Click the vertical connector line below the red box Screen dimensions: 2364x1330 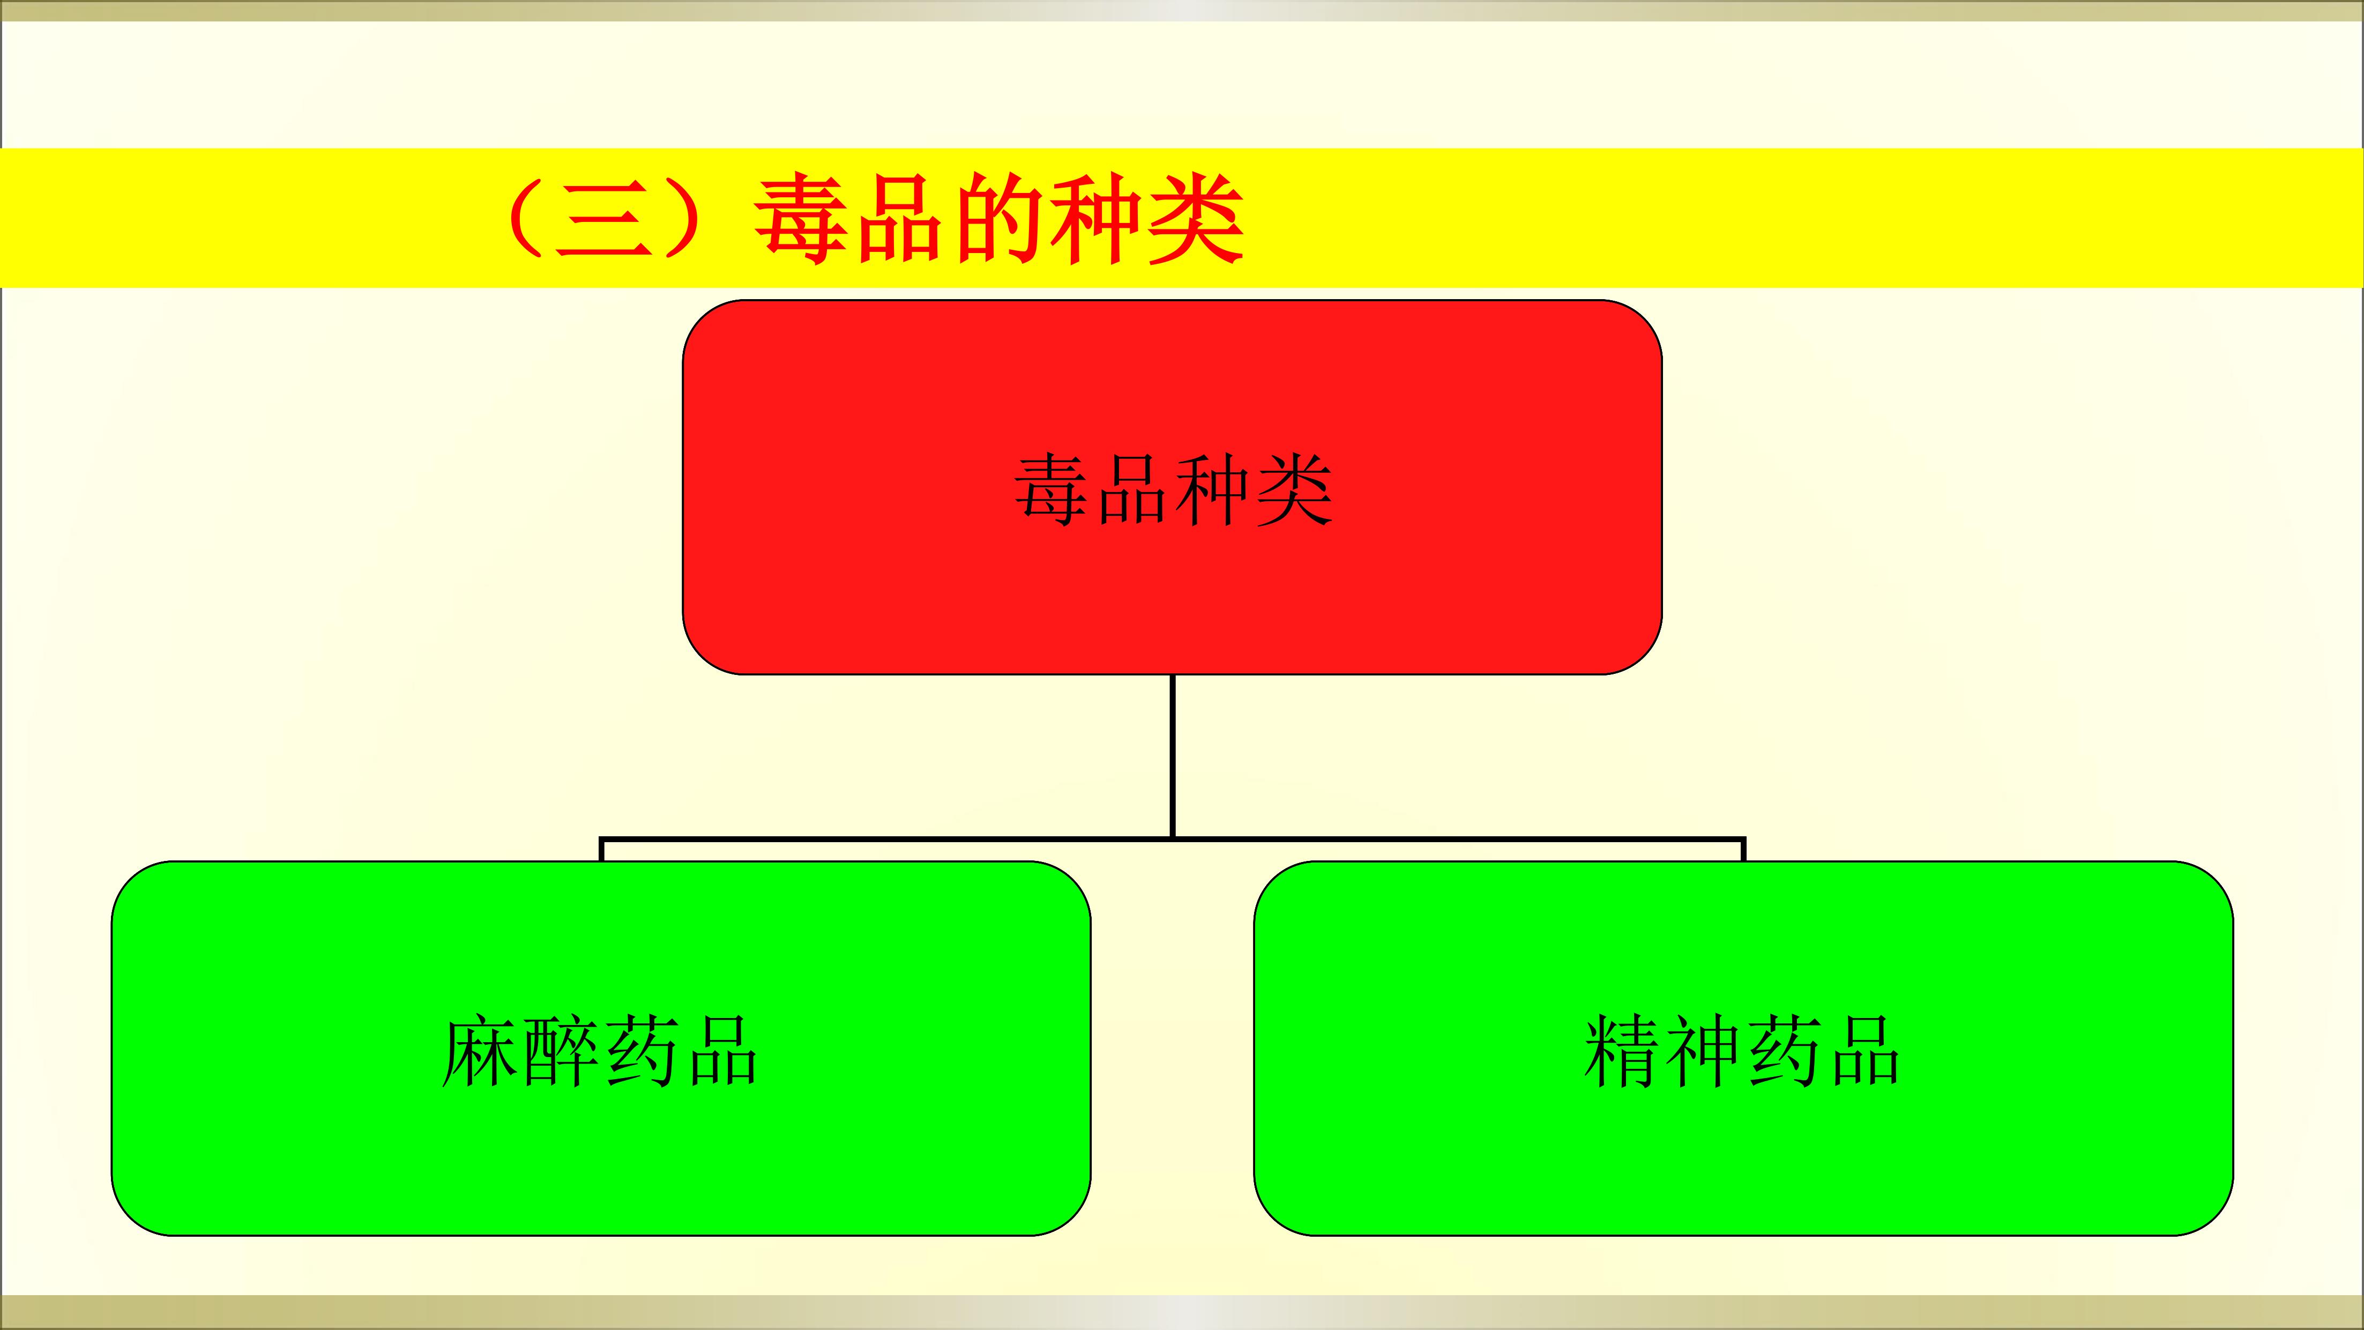(x=1173, y=756)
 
